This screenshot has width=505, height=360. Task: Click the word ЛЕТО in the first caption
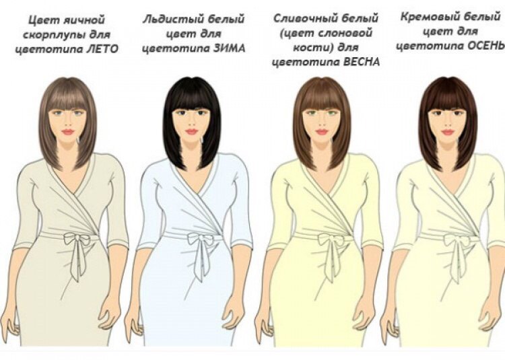click(x=103, y=49)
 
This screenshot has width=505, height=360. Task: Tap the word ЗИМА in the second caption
click(x=229, y=48)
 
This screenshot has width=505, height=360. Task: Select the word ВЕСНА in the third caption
click(x=362, y=62)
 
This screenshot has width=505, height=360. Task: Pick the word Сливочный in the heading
click(x=300, y=19)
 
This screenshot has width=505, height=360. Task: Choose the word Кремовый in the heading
click(x=428, y=17)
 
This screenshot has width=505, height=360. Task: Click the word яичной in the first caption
click(x=85, y=20)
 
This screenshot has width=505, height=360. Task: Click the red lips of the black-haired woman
click(x=191, y=132)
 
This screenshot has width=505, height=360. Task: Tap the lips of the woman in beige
click(x=67, y=132)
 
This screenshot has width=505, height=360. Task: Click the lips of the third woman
click(x=321, y=132)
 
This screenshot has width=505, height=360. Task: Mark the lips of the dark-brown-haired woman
click(x=447, y=132)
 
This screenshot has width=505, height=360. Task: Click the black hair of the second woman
click(x=193, y=96)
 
